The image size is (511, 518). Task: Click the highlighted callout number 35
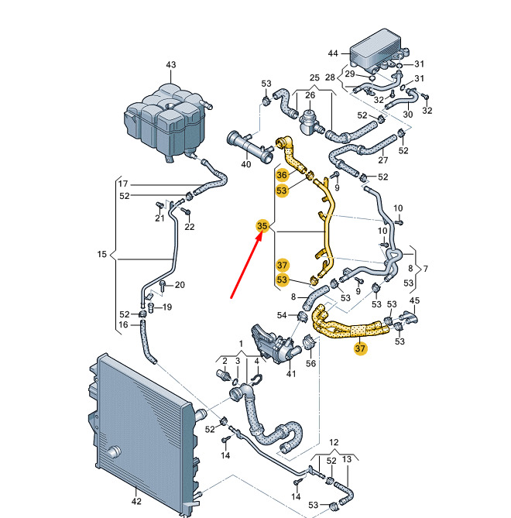tap(262, 226)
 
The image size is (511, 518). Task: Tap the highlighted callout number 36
tap(282, 176)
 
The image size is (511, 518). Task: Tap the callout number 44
tap(334, 53)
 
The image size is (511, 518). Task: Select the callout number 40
tap(246, 164)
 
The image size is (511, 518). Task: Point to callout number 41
tap(292, 375)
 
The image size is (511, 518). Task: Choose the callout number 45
tap(414, 300)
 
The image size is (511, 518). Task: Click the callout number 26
tap(310, 95)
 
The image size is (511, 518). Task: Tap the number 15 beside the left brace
tap(101, 254)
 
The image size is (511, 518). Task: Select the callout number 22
tap(190, 226)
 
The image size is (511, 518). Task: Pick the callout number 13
tap(347, 460)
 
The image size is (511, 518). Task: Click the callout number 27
tap(382, 160)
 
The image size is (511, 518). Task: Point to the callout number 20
tap(180, 285)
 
